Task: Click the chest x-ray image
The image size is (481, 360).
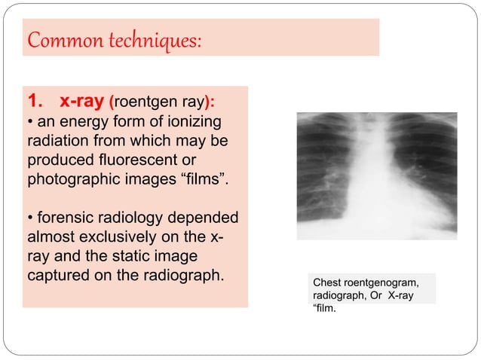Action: tap(376, 175)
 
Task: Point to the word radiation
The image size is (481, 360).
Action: tap(57, 142)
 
